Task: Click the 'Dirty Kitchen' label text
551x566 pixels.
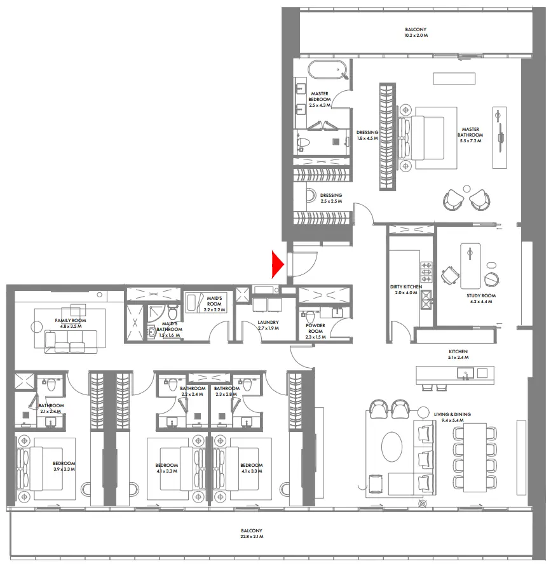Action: pos(405,287)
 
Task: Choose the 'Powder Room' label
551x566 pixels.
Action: pos(315,327)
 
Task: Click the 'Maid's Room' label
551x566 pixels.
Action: pos(214,300)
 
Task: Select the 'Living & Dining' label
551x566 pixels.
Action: pos(452,415)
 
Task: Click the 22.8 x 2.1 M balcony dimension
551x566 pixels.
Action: pos(251,537)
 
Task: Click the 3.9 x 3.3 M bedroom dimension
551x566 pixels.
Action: pos(64,469)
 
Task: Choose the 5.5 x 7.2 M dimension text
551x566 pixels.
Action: pos(471,140)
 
